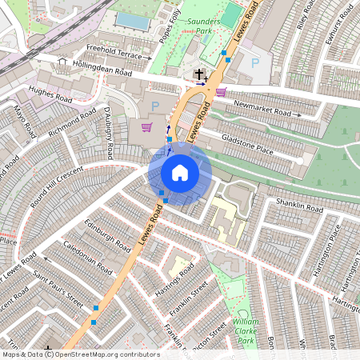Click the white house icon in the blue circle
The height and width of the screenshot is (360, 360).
[180, 173]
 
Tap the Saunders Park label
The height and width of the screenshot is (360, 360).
[202, 27]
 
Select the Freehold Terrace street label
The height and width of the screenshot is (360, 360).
[119, 53]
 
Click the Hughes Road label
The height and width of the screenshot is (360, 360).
[50, 95]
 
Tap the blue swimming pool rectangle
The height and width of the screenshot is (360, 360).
[133, 21]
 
